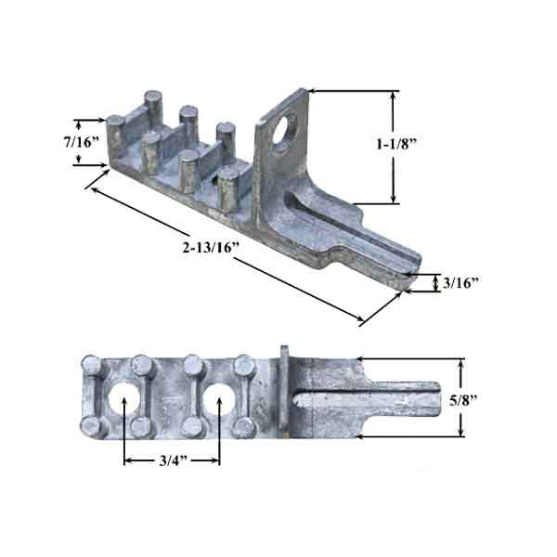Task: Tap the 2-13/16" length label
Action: point(211,249)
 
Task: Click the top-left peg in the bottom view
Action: point(92,363)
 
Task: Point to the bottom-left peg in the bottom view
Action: point(92,428)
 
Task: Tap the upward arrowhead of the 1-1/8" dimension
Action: point(396,96)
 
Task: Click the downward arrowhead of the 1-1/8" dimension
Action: point(396,197)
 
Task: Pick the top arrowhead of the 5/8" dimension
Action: point(462,364)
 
